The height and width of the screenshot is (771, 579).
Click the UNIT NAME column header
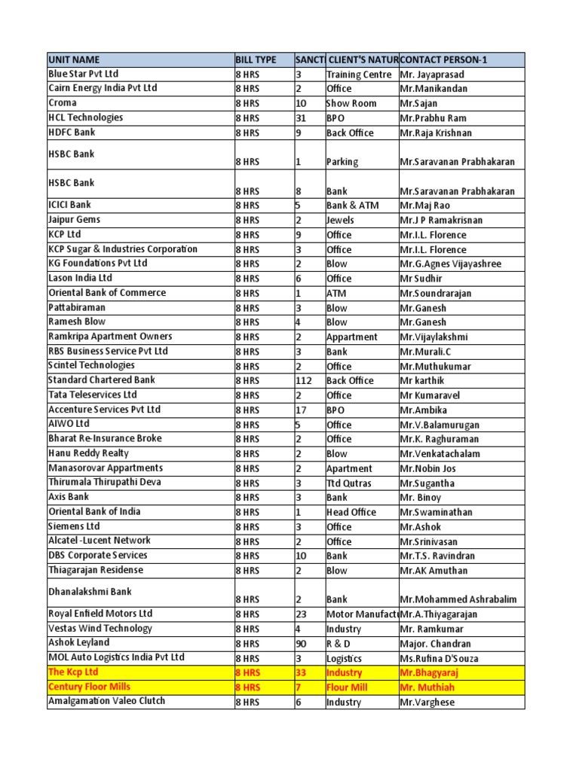pos(74,60)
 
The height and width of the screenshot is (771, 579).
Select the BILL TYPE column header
pos(256,60)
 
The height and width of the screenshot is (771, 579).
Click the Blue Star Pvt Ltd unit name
pos(84,75)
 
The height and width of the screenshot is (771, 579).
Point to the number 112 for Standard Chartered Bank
pos(304,381)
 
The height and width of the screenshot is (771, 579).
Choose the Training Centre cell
pos(359,75)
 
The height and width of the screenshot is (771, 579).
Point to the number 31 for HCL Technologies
pos(301,118)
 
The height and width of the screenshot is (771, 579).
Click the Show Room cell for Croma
pos(351,104)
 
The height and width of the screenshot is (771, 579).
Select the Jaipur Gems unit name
pos(74,220)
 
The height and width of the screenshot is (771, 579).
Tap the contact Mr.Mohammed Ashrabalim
pos(458,600)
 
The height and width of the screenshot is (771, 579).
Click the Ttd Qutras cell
pos(348,483)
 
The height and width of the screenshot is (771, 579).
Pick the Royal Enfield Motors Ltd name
pos(100,614)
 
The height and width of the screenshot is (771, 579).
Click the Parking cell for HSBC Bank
pos(342,162)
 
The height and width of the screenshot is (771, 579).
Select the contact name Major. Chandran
pos(436,644)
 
